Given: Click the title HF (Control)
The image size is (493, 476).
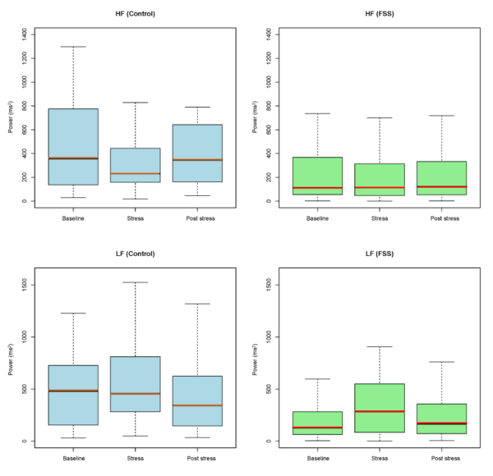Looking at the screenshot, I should point(135,14).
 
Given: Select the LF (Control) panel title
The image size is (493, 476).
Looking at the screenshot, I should point(135,254).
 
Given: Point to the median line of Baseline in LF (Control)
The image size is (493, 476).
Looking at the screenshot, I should point(73,391).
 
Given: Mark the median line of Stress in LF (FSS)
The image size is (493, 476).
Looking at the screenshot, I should point(379,411).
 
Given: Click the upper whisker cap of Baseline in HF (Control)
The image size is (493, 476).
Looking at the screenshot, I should point(73,47).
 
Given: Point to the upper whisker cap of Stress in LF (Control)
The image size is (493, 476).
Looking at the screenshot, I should point(135,282).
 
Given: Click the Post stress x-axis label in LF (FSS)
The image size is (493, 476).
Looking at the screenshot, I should point(441,458).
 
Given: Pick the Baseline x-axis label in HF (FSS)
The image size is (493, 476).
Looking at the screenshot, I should point(317,217).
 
